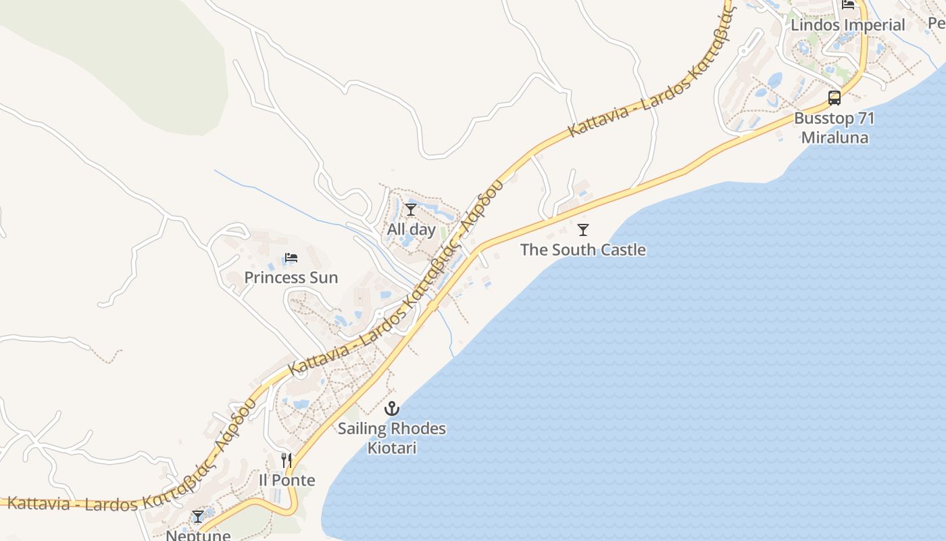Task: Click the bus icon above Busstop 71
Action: click(x=835, y=98)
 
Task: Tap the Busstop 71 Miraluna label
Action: click(x=835, y=128)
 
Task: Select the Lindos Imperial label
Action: click(x=847, y=25)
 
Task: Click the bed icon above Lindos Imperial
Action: click(x=848, y=5)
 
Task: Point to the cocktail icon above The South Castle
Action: click(x=583, y=230)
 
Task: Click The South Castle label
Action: click(x=582, y=250)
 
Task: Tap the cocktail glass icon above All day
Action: click(x=411, y=210)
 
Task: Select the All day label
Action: click(x=411, y=229)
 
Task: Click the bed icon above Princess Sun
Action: click(x=291, y=258)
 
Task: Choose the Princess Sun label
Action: click(x=291, y=277)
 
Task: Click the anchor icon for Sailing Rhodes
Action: click(x=392, y=408)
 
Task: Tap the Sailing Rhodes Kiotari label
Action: click(x=392, y=438)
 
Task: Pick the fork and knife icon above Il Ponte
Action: click(x=287, y=461)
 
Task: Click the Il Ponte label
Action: click(x=287, y=480)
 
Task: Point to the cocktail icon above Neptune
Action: click(x=198, y=517)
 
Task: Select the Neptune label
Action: click(x=198, y=535)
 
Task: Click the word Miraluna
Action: click(x=835, y=137)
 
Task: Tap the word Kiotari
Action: click(x=392, y=448)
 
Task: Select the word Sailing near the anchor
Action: click(x=364, y=429)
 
